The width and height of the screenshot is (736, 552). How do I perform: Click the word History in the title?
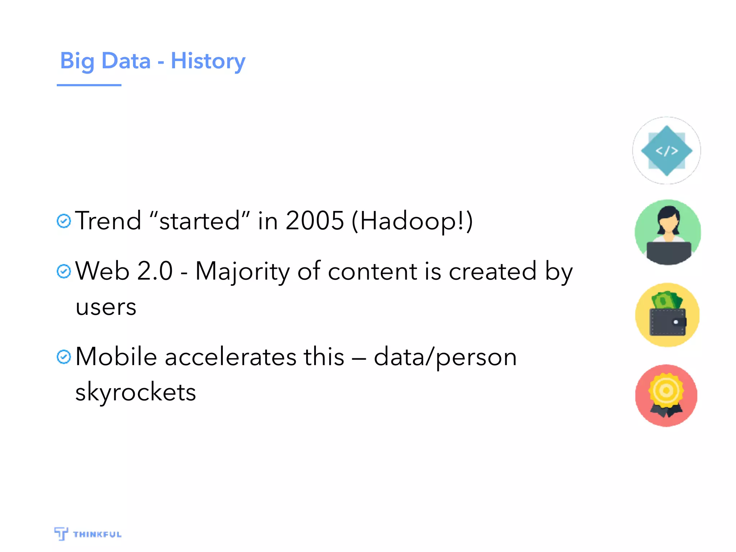click(208, 61)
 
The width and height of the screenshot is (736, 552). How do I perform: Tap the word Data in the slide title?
click(126, 61)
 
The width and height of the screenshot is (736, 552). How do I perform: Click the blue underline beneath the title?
click(89, 85)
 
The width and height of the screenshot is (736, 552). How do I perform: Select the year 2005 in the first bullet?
click(315, 220)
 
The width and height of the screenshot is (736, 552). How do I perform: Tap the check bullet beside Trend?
click(64, 221)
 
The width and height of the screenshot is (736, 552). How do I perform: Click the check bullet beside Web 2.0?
click(64, 271)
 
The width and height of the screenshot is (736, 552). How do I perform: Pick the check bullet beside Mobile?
click(64, 357)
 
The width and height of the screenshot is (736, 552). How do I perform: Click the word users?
click(106, 307)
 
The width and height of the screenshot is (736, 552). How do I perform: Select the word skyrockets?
click(135, 392)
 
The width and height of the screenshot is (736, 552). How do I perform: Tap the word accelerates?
click(230, 357)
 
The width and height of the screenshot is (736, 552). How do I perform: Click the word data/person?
click(445, 357)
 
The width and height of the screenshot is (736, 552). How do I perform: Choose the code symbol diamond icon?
click(667, 151)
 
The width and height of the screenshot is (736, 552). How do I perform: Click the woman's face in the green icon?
click(668, 224)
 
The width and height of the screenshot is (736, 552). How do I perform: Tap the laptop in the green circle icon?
click(668, 252)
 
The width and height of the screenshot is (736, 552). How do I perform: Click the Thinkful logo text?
click(97, 534)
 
